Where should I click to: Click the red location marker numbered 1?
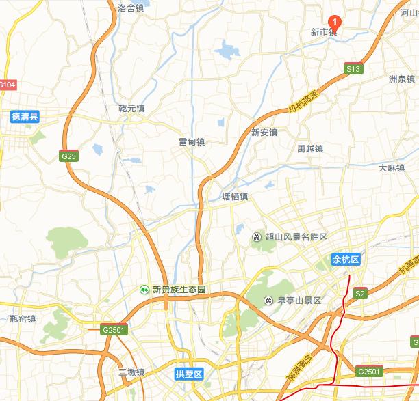pos(335,21)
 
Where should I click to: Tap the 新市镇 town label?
pos(324,32)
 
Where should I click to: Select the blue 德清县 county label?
pos(25,116)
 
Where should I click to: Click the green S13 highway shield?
pos(353,69)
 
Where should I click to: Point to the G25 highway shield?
pos(68,156)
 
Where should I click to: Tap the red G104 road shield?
pos(7,85)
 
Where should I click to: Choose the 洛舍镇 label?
pos(131,8)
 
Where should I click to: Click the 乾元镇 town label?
pos(131,108)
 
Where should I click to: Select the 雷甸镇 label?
pos(192,142)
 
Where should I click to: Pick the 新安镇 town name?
pos(264,133)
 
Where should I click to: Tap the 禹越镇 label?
pos(310,148)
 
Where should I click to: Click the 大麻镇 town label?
pos(392,167)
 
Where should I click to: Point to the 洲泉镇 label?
pos(401,79)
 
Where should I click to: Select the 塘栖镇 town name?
pos(235,197)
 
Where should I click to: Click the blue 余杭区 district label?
pos(346,260)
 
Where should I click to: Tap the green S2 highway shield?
pos(359,294)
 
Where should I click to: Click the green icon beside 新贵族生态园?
pos(145,290)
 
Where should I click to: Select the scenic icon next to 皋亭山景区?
pos(269,300)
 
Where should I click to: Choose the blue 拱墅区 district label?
pos(189,374)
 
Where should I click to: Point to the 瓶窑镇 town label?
pos(23,319)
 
